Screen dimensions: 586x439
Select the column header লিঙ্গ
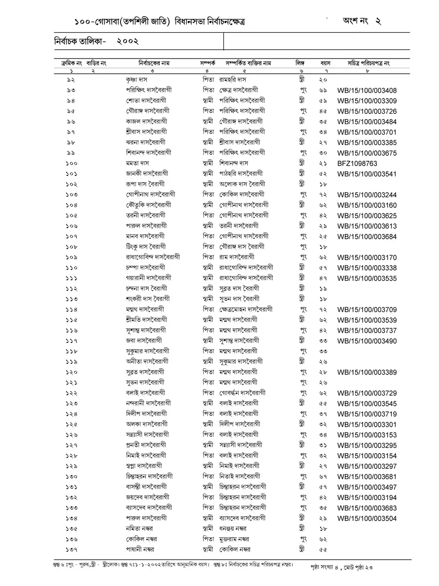(299, 63)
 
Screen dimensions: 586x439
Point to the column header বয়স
(326, 63)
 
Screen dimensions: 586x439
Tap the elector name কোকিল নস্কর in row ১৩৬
(141, 539)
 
